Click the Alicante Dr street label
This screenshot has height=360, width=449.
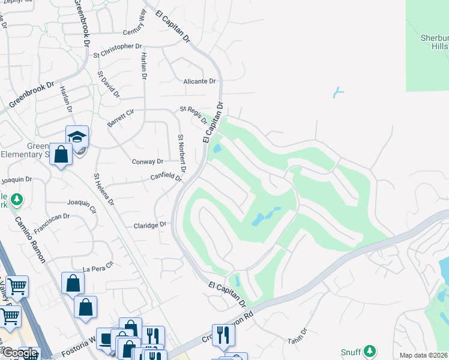[x=199, y=81]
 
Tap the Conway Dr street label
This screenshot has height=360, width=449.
[x=147, y=161]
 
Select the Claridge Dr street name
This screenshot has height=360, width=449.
[x=149, y=225]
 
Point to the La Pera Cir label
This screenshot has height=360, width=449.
[x=98, y=266]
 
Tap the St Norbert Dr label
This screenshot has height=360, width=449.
[x=181, y=154]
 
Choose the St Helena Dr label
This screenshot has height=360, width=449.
[x=103, y=189]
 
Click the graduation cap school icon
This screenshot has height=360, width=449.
[x=77, y=136]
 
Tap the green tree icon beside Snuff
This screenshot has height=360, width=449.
[x=370, y=350]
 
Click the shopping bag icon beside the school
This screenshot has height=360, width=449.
[x=61, y=154]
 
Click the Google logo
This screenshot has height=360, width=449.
[x=19, y=353]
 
